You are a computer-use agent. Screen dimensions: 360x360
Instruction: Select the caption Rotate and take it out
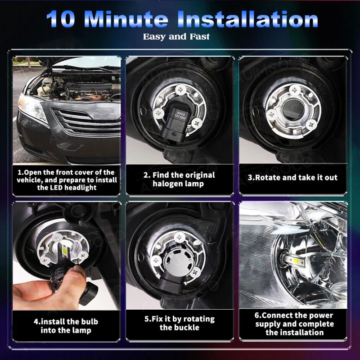292,177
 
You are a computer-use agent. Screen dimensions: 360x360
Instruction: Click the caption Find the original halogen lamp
180,179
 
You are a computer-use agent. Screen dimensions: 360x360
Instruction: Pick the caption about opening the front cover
67,180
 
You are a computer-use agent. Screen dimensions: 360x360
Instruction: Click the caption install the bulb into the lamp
66,326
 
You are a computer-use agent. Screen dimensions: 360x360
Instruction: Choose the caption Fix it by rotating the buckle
180,323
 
